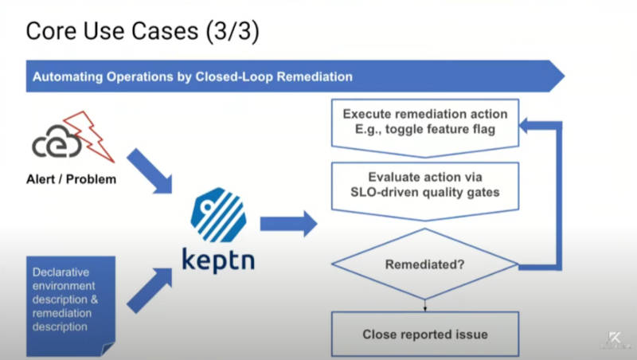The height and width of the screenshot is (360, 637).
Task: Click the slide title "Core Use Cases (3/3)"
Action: [143, 31]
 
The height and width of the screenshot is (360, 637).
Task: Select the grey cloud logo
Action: [57, 142]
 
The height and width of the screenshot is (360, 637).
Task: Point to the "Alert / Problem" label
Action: [71, 179]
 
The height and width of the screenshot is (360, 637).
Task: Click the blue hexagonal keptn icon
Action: [218, 215]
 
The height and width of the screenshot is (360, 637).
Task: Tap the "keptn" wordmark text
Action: [218, 260]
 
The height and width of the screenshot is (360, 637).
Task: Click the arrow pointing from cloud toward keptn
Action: [150, 171]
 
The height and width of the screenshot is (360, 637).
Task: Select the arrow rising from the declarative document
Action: [150, 290]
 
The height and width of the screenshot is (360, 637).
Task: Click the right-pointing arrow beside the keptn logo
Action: [288, 224]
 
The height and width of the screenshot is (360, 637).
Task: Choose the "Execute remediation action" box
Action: [425, 127]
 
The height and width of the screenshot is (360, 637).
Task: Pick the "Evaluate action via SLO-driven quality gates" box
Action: [425, 190]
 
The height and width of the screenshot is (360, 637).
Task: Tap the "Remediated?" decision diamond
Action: [425, 264]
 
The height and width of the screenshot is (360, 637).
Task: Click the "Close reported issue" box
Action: [425, 334]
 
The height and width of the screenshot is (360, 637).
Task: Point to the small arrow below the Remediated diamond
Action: [425, 306]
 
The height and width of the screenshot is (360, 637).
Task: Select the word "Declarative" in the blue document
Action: [61, 272]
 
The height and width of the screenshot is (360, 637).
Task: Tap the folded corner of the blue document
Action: [108, 349]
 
